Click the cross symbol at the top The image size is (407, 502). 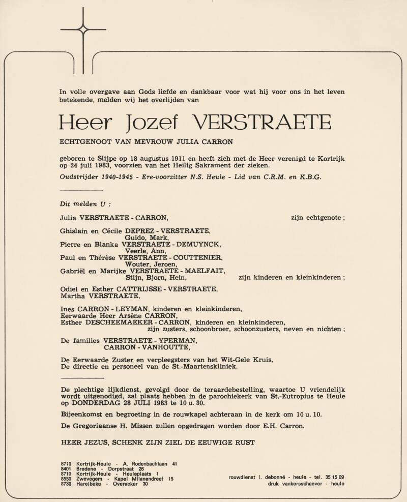83,29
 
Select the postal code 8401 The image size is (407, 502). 66,469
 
